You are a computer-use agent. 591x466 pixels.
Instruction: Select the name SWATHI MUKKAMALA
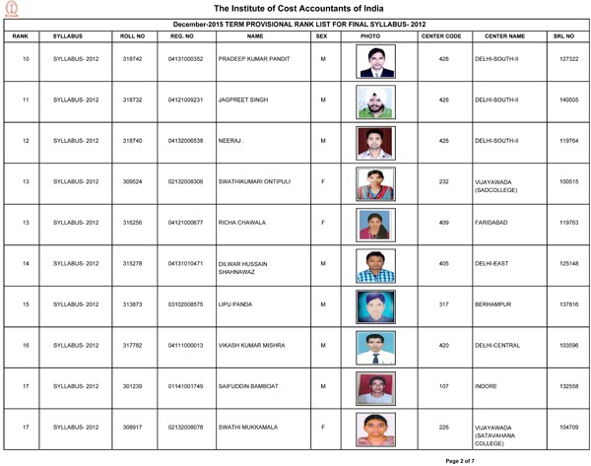coord(252,430)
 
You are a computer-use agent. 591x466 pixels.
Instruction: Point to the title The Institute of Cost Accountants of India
coord(295,10)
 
